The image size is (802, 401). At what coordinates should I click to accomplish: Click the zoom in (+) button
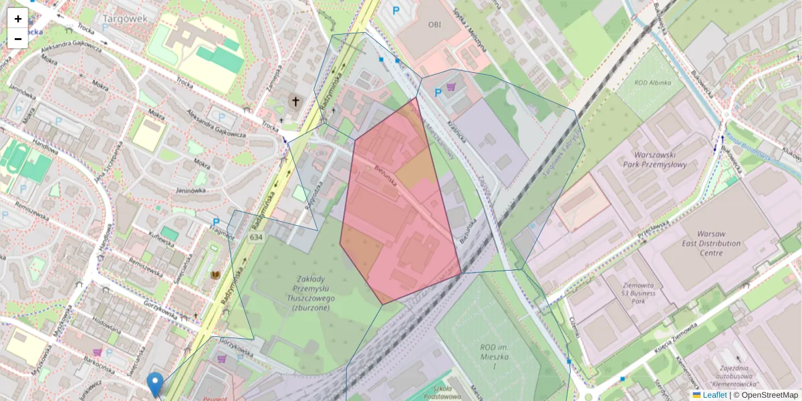18,19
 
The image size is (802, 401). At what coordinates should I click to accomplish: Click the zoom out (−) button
18,39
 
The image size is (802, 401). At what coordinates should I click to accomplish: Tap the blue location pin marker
155,384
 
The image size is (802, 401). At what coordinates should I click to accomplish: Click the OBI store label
435,24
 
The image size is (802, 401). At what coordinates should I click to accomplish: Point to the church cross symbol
295,101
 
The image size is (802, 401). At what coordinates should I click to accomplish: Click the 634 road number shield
256,237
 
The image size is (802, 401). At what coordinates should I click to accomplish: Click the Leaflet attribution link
714,395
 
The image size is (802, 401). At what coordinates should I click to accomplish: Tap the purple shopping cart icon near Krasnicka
452,87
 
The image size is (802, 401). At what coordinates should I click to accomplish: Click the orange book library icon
216,275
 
